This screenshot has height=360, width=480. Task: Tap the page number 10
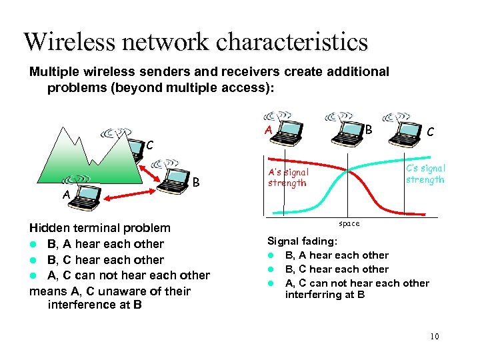[x=435, y=336]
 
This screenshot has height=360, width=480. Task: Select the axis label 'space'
[x=349, y=223]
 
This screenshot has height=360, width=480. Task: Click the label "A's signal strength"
[x=288, y=177]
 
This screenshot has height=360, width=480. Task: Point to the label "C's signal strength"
[x=425, y=174]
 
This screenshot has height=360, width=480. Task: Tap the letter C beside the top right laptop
[x=431, y=133]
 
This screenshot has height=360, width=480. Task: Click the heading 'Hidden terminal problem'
[x=100, y=228]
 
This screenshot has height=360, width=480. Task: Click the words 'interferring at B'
[x=325, y=294]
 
